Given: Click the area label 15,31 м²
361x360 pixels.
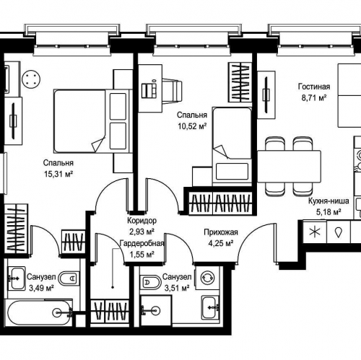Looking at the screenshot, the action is pos(58,174).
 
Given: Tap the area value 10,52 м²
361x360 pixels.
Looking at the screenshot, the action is pos(192,126).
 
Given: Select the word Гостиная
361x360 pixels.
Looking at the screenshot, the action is pos(314,87).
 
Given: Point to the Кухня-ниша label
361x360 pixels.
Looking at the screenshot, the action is pos(329,201).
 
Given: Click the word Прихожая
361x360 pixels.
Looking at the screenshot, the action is pos(221,232).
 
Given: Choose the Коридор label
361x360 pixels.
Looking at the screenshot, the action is pos(142,220).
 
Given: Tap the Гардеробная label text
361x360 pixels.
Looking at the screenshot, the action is pos(142,243).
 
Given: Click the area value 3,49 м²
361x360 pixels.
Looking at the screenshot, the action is pos(41,288).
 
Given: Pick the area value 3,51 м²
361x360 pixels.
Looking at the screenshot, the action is pos(177,288).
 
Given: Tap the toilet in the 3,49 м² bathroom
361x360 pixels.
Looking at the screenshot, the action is pos(69,278).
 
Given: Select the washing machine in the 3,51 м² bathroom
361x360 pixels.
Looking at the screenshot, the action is pos(207,278).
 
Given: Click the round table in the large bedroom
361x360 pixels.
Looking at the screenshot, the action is pos(31,79).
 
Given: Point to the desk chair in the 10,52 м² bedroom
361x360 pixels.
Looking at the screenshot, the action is pos(172,92).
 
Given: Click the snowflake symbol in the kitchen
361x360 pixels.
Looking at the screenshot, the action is pos(315,232).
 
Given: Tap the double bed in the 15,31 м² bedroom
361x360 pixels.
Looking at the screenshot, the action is pos(93,121).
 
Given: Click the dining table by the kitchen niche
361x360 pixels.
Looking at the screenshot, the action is pos(289,167).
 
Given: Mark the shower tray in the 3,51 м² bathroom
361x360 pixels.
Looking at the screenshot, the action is pos(156,311).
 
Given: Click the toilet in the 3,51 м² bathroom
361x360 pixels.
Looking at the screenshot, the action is pos(151,282).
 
